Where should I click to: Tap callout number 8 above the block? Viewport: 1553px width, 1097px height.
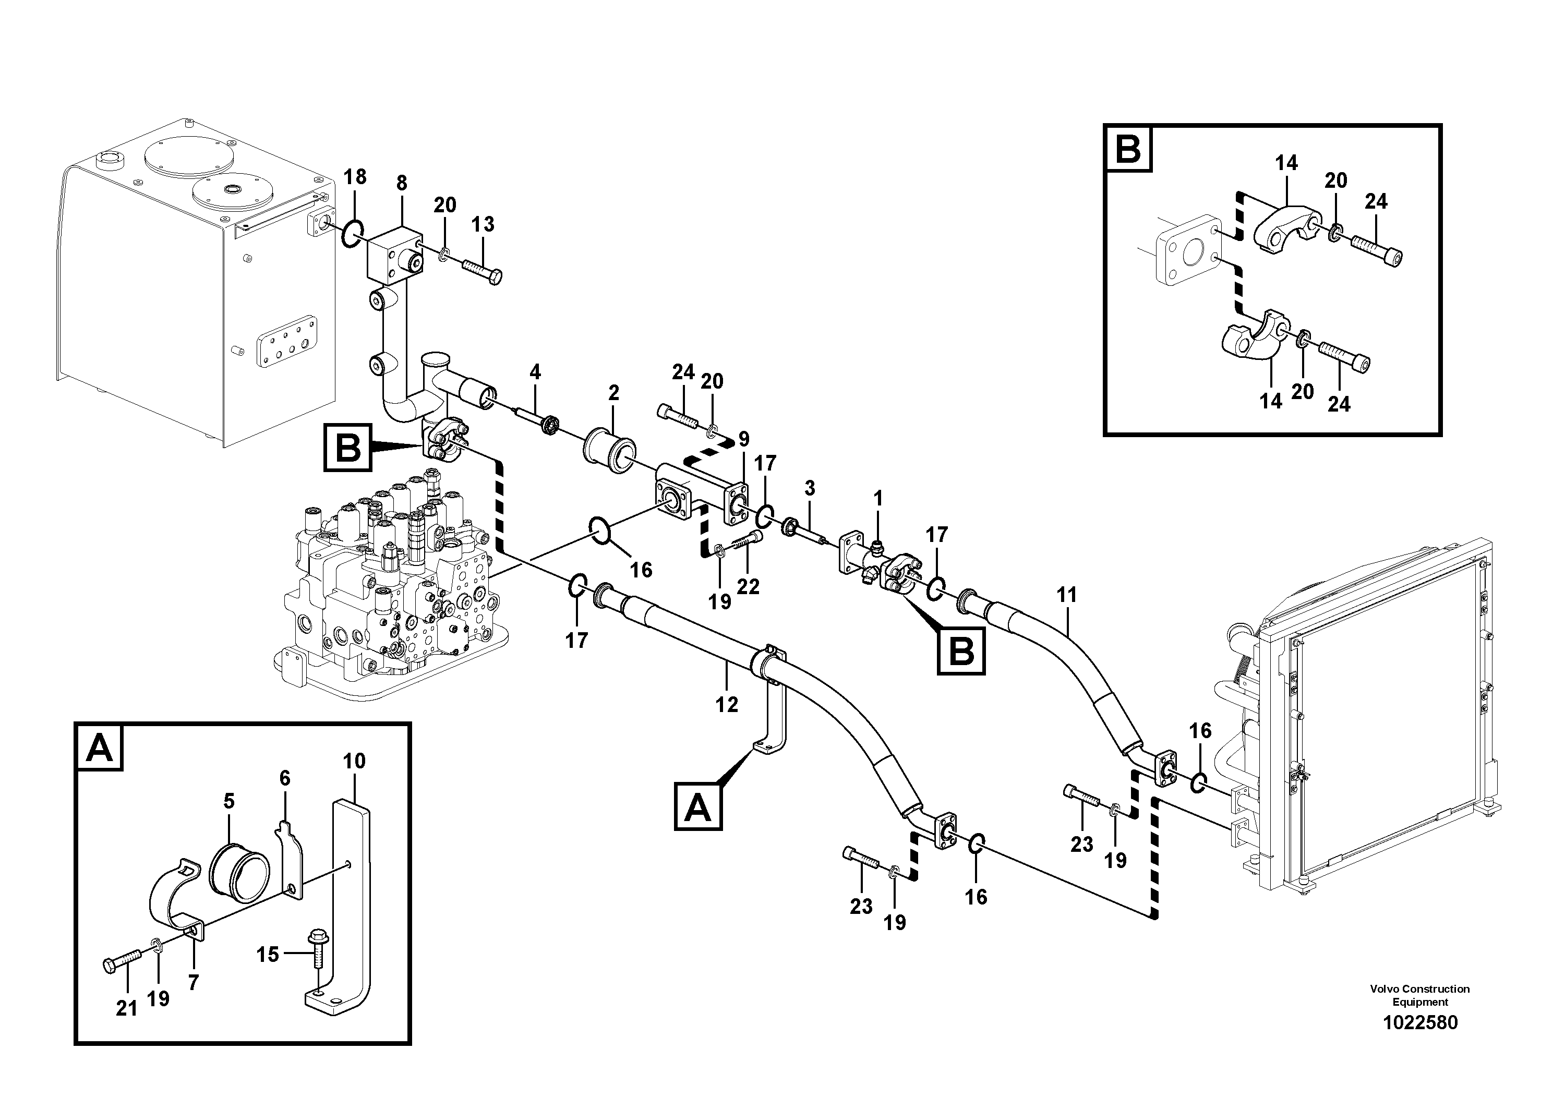[402, 183]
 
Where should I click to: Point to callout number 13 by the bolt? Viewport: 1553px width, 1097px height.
[483, 224]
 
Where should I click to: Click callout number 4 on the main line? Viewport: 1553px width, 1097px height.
[535, 371]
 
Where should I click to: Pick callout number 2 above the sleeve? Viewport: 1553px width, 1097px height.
[613, 393]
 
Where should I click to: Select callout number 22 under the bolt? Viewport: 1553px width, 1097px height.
[748, 586]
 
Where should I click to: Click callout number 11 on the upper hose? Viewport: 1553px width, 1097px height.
[1067, 595]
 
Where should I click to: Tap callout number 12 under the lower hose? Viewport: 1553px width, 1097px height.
[727, 705]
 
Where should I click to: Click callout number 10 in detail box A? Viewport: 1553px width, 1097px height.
[354, 761]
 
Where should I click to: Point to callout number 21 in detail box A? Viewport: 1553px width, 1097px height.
[126, 1008]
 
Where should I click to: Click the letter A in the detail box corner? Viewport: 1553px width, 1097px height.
[100, 748]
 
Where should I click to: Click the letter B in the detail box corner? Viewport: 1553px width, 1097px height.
[1127, 148]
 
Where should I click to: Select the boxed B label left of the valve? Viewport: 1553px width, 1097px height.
[347, 447]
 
